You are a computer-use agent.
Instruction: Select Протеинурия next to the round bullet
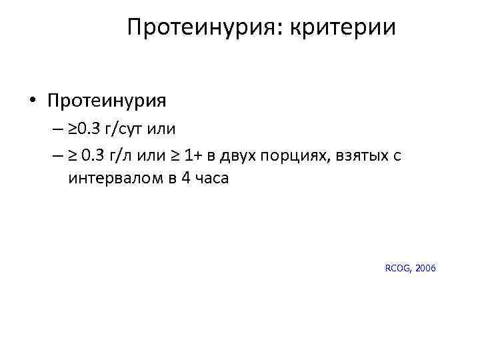(107, 101)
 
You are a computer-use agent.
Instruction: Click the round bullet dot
(32, 101)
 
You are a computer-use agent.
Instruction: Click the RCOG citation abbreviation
(398, 268)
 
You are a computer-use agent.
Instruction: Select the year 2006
(425, 268)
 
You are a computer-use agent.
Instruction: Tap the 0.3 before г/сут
(91, 129)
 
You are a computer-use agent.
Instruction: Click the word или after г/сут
(176, 129)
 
